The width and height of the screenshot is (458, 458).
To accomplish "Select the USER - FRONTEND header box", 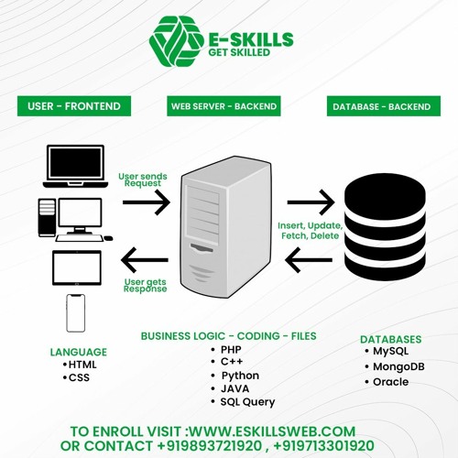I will (74, 106).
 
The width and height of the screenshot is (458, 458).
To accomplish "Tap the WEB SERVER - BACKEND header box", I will (224, 106).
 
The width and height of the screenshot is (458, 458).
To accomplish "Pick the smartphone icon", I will (76, 313).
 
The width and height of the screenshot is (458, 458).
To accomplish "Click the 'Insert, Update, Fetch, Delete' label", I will (310, 231).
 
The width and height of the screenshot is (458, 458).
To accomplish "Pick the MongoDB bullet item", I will (389, 365).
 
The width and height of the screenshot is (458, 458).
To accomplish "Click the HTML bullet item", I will (81, 365).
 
